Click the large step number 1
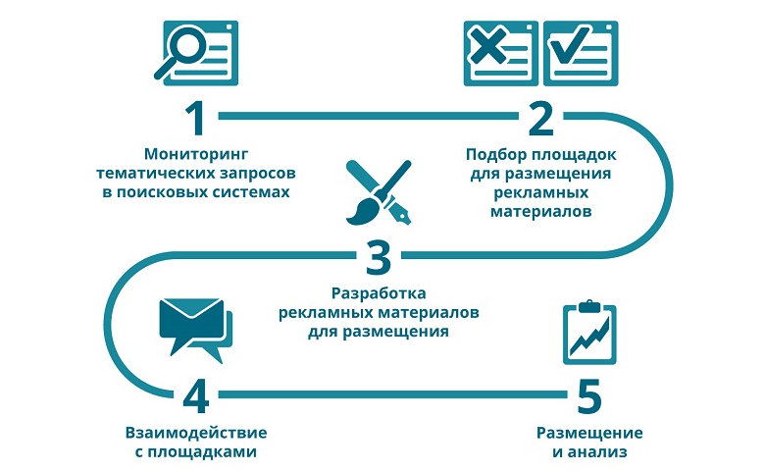click(x=196, y=119)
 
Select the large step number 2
click(x=541, y=119)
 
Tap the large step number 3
click(x=379, y=257)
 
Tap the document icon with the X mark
click(x=500, y=53)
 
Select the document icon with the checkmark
click(x=581, y=53)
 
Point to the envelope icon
click(x=191, y=318)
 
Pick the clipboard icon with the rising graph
click(x=589, y=333)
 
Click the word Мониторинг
click(x=196, y=154)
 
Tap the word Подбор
click(x=495, y=155)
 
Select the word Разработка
click(x=379, y=293)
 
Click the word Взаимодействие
click(x=196, y=433)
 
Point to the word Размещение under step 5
click(x=589, y=433)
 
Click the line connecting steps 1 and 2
click(x=369, y=116)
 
